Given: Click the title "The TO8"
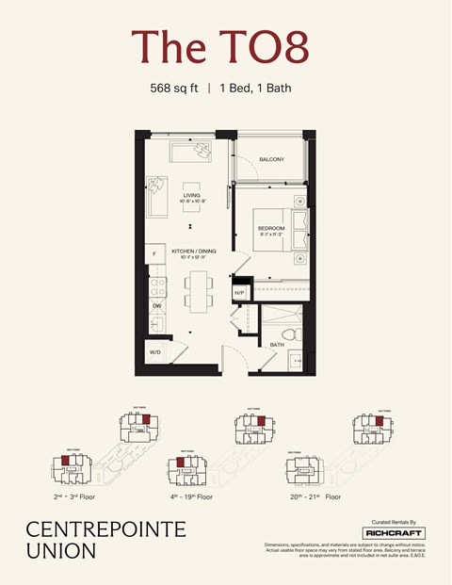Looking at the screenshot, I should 225,46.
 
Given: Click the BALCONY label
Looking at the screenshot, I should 271,159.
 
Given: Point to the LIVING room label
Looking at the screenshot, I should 192,196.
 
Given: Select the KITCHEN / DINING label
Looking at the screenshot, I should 194,252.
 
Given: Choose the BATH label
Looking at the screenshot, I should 277,345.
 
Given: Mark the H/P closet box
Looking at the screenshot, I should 239,294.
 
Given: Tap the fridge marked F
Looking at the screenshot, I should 153,254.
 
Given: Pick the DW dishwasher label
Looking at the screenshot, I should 156,306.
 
